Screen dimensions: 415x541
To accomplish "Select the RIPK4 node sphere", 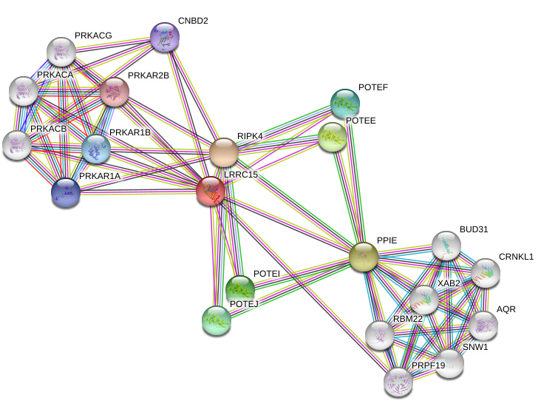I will tap(223, 153).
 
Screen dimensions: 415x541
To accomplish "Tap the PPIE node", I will tap(363, 256).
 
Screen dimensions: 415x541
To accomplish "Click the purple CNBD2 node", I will tap(163, 36).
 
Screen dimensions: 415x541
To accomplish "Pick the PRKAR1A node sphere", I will tap(67, 192).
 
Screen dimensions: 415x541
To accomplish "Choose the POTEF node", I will tap(344, 103).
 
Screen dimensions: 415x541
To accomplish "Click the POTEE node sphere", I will tap(333, 135).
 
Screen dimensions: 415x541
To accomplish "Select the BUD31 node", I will tap(446, 245).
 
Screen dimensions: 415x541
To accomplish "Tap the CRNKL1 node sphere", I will tap(486, 273).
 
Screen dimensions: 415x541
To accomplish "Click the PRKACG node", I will tap(61, 51).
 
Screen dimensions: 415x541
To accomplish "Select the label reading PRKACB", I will tap(49, 129).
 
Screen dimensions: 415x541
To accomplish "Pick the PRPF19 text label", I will tap(428, 365).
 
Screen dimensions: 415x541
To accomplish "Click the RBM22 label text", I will tap(408, 319).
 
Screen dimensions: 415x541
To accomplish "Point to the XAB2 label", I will tap(449, 283).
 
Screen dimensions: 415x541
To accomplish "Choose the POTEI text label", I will tap(267, 274).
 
